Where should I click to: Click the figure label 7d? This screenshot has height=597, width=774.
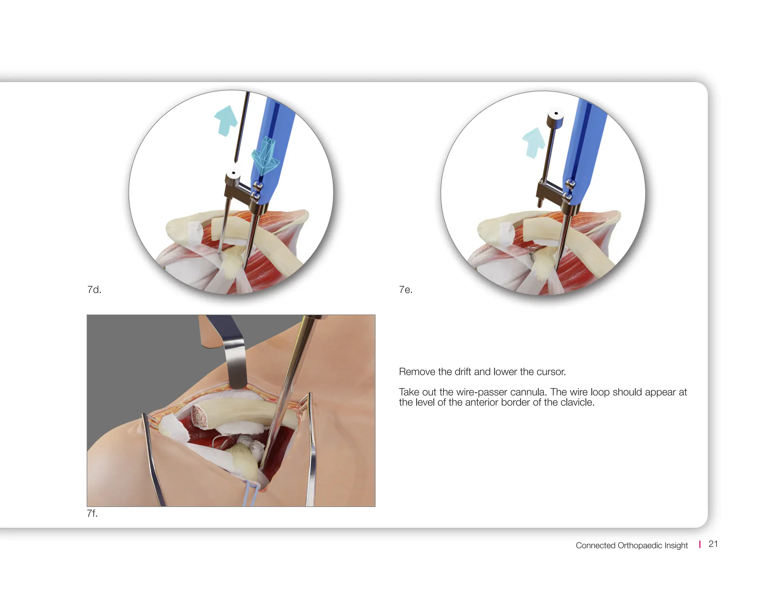(x=94, y=290)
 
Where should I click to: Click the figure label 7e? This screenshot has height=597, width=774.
(x=406, y=290)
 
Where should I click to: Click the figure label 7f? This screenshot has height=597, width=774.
(x=92, y=513)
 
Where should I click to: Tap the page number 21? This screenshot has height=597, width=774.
(x=713, y=544)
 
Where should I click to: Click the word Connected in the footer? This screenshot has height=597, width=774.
(x=595, y=545)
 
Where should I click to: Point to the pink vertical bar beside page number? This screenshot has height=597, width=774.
(x=700, y=544)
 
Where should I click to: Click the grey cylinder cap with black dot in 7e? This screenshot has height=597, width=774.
(x=556, y=114)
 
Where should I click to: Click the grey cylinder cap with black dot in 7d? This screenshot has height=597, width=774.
(x=234, y=174)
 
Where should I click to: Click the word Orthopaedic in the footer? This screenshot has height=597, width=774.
(x=639, y=545)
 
